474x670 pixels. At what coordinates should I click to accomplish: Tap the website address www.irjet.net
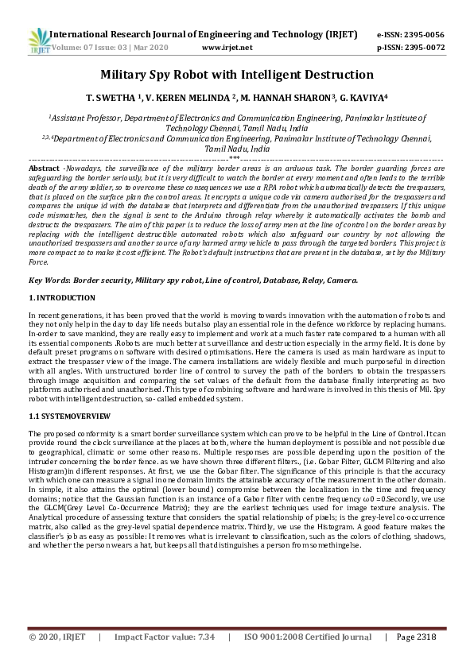click(x=227, y=48)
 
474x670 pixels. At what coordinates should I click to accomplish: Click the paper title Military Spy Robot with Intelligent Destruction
click(x=236, y=75)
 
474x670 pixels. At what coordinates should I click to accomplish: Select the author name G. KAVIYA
click(x=361, y=99)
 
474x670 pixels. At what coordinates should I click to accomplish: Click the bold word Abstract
click(x=44, y=169)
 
